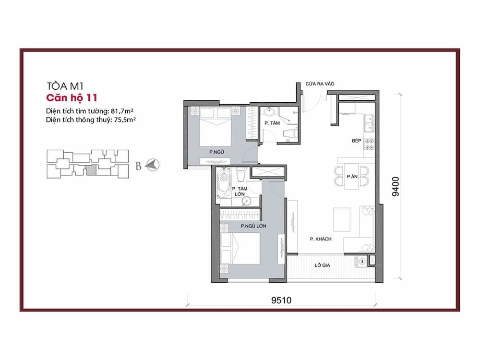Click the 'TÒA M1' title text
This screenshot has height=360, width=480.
pyautogui.click(x=65, y=86)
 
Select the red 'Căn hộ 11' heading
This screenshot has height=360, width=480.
pyautogui.click(x=72, y=98)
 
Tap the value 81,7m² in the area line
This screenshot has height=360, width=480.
pyautogui.click(x=122, y=111)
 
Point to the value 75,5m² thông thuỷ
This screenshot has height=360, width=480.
pyautogui.click(x=124, y=120)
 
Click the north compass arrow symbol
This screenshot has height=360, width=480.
pyautogui.click(x=153, y=165)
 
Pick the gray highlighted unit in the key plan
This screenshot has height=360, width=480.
pyautogui.click(x=91, y=170)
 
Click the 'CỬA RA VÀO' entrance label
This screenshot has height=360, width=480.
pyautogui.click(x=320, y=84)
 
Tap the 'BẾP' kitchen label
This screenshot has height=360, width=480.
pyautogui.click(x=356, y=141)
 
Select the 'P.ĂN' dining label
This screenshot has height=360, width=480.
pyautogui.click(x=352, y=177)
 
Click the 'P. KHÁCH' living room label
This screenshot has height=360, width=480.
pyautogui.click(x=321, y=239)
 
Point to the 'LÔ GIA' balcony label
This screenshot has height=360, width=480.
pyautogui.click(x=323, y=265)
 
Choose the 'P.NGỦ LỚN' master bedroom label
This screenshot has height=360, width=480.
pyautogui.click(x=253, y=226)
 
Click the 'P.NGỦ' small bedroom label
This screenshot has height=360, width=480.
pyautogui.click(x=217, y=152)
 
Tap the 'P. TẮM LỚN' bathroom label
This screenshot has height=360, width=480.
pyautogui.click(x=240, y=192)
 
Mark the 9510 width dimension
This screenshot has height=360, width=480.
pyautogui.click(x=281, y=300)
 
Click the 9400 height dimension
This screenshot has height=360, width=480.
pyautogui.click(x=396, y=186)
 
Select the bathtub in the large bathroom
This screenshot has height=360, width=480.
pyautogui.click(x=224, y=183)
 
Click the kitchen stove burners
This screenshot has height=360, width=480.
pyautogui.click(x=370, y=144)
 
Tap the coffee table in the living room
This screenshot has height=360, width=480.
pyautogui.click(x=342, y=219)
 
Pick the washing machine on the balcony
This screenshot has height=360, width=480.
pyautogui.click(x=362, y=262)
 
